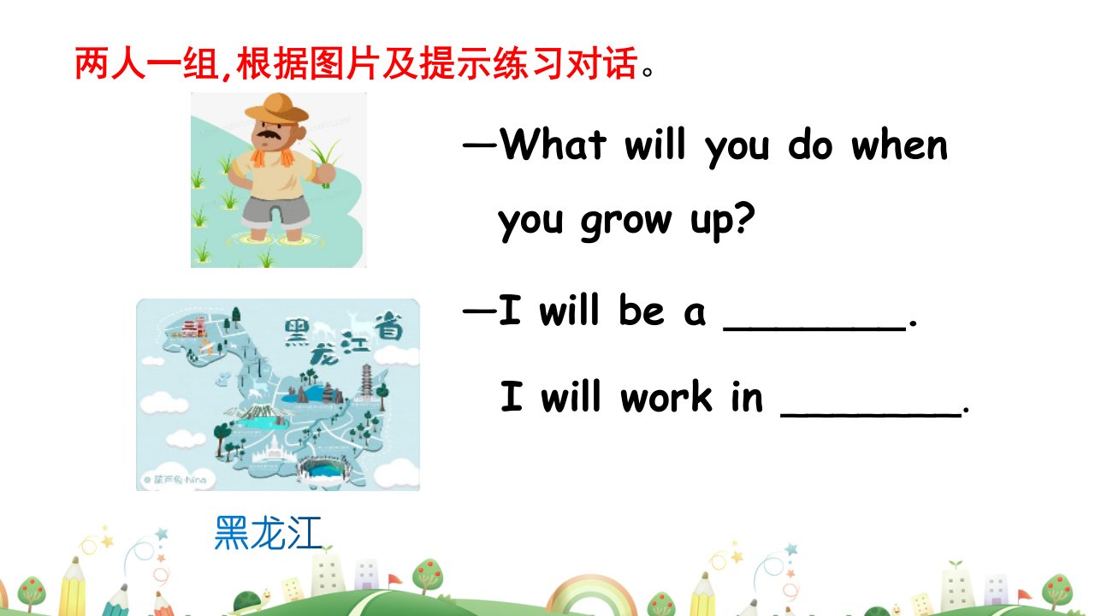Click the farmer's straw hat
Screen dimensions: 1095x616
click(x=276, y=109)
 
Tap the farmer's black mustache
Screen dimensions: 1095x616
click(x=268, y=134)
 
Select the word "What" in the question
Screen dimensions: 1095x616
click(x=553, y=145)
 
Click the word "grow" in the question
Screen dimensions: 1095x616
click(x=627, y=222)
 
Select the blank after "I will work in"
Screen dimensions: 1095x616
click(x=871, y=415)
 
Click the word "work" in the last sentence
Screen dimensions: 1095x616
click(x=666, y=396)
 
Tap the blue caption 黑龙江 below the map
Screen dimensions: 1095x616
click(x=268, y=532)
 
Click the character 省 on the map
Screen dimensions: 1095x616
click(x=389, y=326)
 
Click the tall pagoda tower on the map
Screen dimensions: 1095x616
click(x=366, y=382)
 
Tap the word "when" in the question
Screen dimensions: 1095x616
click(x=899, y=145)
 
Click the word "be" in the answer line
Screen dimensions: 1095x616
click(x=642, y=310)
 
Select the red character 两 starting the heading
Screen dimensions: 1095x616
click(x=92, y=63)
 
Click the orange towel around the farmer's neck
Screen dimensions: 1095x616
click(x=272, y=157)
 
